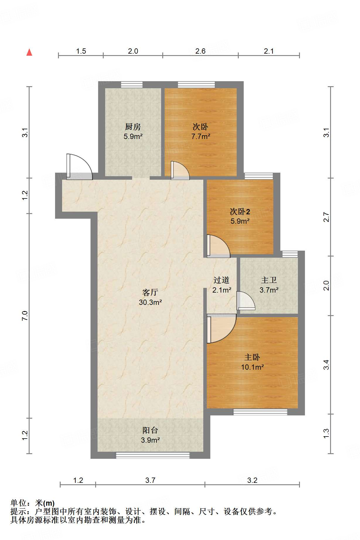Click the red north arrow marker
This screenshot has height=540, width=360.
[29, 52]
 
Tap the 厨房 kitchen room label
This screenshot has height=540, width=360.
[133, 127]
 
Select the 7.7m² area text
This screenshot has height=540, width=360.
[201, 136]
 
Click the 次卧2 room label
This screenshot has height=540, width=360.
[240, 211]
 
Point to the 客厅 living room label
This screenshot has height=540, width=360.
[150, 292]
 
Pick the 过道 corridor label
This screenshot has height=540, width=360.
[221, 280]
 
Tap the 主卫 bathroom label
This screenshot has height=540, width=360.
[269, 280]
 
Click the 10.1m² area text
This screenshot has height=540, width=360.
[252, 367]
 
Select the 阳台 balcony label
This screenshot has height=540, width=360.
[150, 430]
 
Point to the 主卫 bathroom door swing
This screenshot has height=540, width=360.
[245, 301]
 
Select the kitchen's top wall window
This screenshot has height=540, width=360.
[132, 85]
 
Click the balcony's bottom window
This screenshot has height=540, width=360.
[153, 455]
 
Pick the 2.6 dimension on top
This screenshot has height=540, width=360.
[200, 51]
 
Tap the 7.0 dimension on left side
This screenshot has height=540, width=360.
[25, 315]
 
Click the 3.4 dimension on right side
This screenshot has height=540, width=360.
[326, 365]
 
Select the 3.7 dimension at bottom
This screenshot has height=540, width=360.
[150, 480]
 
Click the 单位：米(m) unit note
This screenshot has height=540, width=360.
[33, 503]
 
